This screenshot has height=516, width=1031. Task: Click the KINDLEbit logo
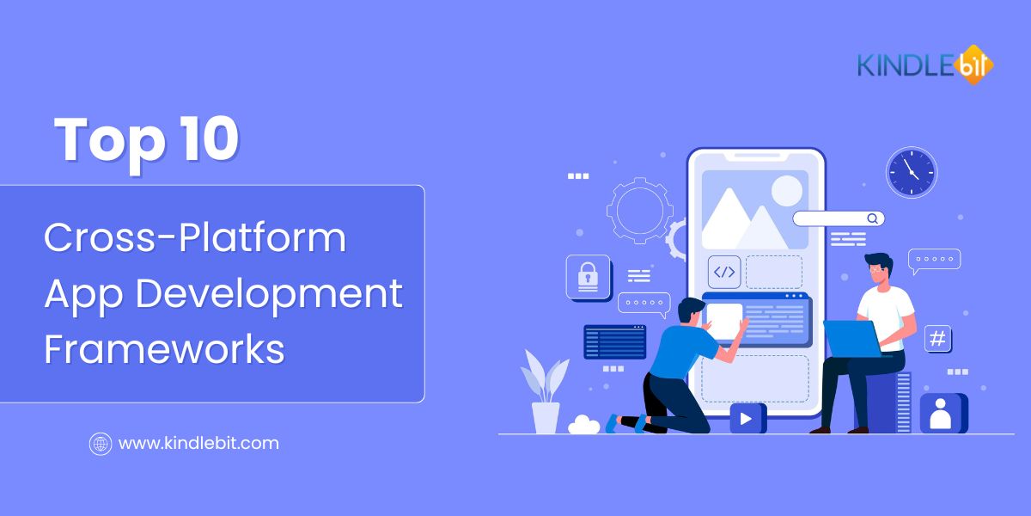925,65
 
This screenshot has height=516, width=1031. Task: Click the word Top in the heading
110,143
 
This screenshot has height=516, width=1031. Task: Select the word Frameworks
165,349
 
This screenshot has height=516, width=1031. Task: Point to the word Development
269,295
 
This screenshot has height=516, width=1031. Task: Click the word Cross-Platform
195,237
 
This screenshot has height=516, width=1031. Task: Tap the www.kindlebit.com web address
198,444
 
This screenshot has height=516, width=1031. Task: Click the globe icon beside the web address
101,444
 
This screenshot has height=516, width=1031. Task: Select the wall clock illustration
912,172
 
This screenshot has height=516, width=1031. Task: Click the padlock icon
589,278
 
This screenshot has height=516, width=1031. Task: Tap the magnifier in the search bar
872,218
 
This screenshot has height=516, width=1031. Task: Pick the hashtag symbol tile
937,339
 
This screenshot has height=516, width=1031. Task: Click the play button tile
747,418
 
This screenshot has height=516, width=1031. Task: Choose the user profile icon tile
943,414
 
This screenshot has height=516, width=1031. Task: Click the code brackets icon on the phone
724,272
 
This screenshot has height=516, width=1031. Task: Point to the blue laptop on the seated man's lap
853,339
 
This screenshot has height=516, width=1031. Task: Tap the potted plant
545,391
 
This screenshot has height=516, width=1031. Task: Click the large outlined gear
640,211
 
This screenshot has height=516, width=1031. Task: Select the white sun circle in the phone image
787,191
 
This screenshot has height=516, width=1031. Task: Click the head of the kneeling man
691,311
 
